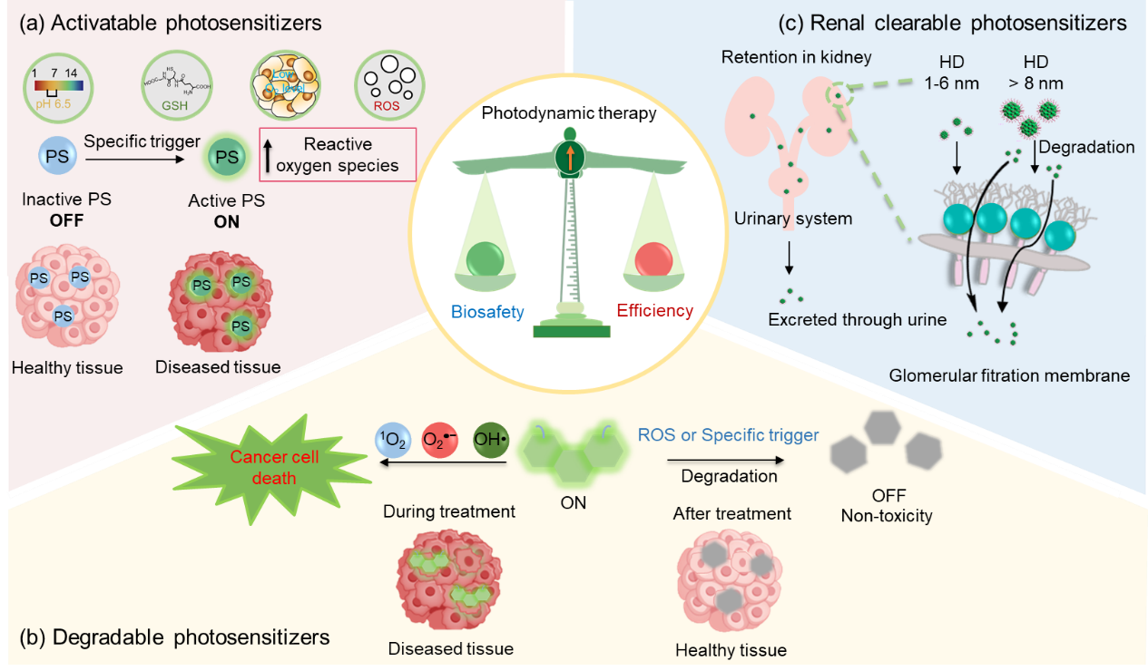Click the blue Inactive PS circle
click(x=57, y=157)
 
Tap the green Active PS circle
click(x=227, y=157)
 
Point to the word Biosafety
click(x=487, y=312)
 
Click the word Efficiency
click(x=655, y=311)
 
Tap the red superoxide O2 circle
click(x=439, y=442)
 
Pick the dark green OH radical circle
click(x=491, y=442)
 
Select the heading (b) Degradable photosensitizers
click(x=173, y=637)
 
